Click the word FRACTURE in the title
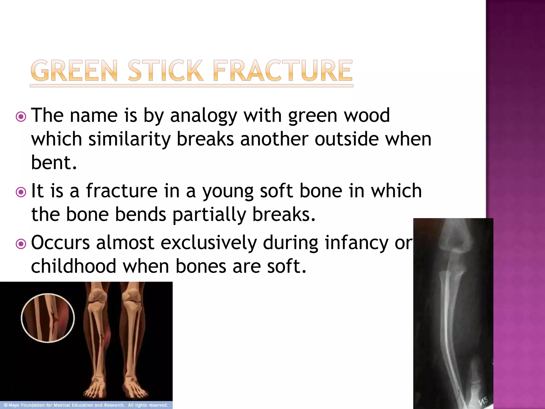click(x=283, y=71)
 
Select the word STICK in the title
click(x=165, y=71)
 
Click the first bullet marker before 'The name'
click(x=21, y=117)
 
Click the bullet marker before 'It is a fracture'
click(x=21, y=192)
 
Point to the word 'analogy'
click(x=204, y=116)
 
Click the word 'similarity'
click(x=129, y=139)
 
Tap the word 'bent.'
click(x=54, y=162)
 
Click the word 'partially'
click(x=209, y=215)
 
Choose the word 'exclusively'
click(x=209, y=243)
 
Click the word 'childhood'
click(x=74, y=266)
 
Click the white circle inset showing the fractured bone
click(x=48, y=318)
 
